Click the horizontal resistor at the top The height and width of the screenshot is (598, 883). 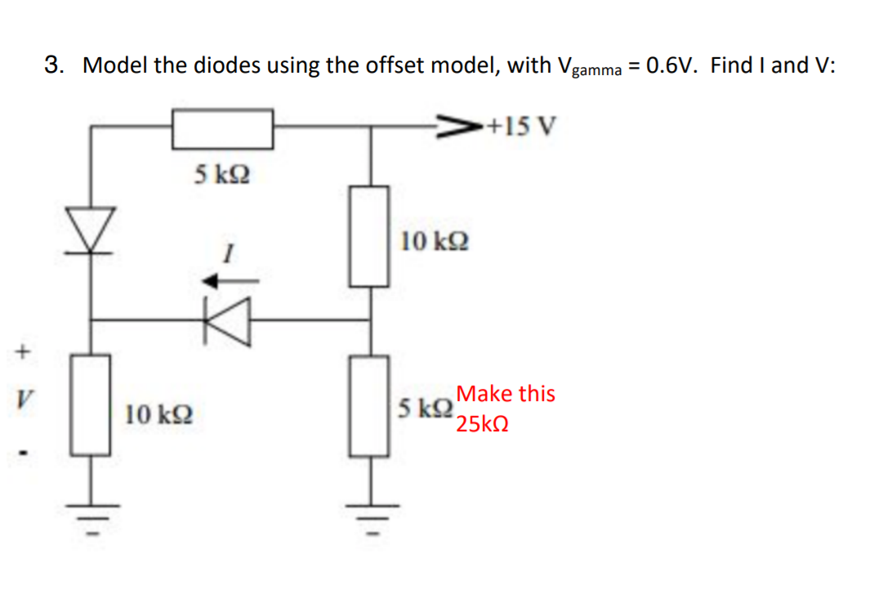click(222, 128)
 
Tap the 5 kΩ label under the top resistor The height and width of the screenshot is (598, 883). click(221, 173)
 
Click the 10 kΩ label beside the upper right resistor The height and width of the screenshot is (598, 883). click(435, 241)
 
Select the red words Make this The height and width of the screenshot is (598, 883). click(506, 394)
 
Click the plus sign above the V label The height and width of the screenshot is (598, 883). click(24, 354)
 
